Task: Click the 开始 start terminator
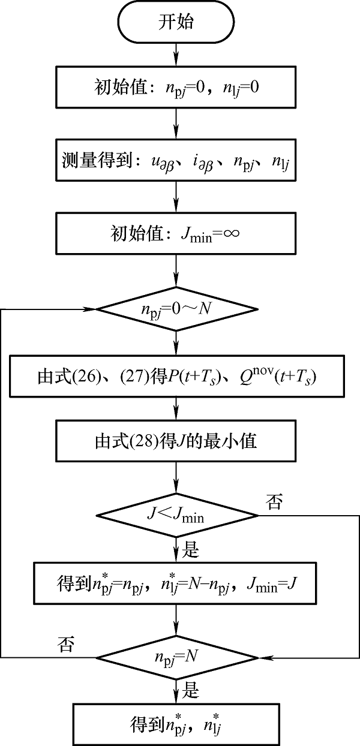[176, 23]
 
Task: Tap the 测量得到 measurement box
[176, 161]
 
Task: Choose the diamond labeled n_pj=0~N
[176, 309]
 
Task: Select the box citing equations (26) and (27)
[176, 378]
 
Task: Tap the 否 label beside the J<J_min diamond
[274, 504]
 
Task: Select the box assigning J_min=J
[176, 583]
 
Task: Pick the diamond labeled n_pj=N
[176, 657]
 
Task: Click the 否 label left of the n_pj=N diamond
[64, 646]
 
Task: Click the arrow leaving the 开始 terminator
[176, 55]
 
